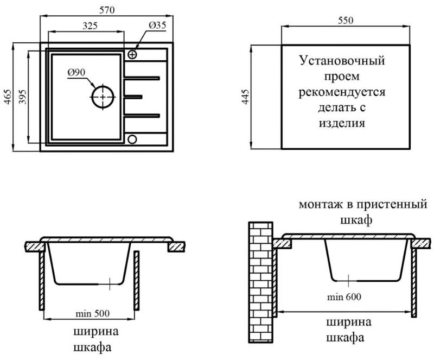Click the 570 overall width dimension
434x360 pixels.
click(107, 10)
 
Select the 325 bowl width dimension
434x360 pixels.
click(90, 26)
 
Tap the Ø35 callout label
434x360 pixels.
click(157, 25)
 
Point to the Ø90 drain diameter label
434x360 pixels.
click(76, 72)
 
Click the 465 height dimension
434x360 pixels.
click(8, 97)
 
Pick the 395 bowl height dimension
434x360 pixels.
click(23, 97)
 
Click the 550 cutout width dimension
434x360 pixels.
click(346, 20)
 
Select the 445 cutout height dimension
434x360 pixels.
click(246, 97)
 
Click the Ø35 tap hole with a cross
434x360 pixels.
click(132, 54)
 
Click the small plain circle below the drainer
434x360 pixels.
click(132, 139)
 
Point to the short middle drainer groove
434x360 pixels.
click(133, 97)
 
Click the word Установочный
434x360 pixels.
click(342, 61)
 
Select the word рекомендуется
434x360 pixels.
click(342, 92)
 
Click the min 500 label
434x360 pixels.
click(92, 313)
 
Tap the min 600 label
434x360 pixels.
click(344, 297)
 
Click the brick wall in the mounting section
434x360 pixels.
click(261, 282)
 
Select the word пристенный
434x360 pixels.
click(391, 205)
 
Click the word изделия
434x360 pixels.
click(342, 123)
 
